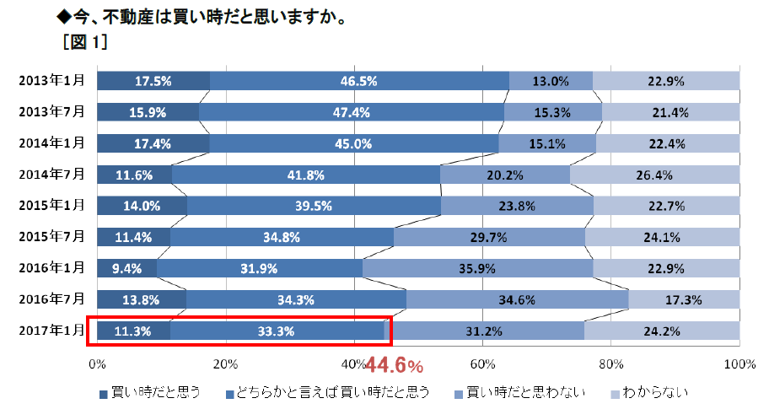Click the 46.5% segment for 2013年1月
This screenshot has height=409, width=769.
(x=359, y=81)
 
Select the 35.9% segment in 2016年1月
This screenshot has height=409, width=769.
(x=477, y=268)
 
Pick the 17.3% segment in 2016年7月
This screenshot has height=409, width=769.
(x=684, y=299)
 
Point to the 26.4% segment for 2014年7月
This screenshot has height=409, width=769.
(x=654, y=175)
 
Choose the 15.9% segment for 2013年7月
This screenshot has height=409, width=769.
(x=148, y=112)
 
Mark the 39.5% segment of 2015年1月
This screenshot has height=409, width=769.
(x=314, y=206)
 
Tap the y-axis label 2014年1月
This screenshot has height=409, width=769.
(x=52, y=143)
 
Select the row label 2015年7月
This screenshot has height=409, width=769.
(x=52, y=236)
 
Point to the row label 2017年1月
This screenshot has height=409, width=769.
(x=52, y=331)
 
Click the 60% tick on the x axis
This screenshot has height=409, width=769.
(x=482, y=363)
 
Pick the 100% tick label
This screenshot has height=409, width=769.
(x=739, y=363)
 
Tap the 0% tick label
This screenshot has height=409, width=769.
(x=97, y=363)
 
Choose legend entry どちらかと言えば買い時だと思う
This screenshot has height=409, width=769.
(x=334, y=392)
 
